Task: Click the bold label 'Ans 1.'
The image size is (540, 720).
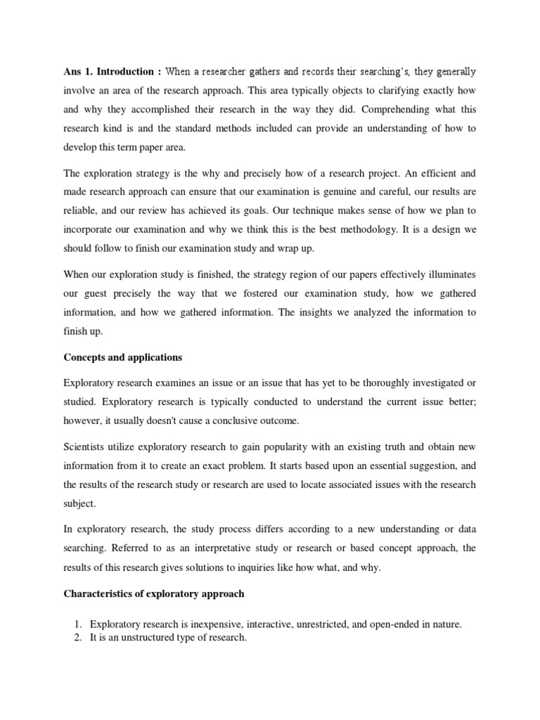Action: coord(77,72)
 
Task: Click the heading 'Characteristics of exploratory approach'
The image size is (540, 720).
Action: coord(154,593)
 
